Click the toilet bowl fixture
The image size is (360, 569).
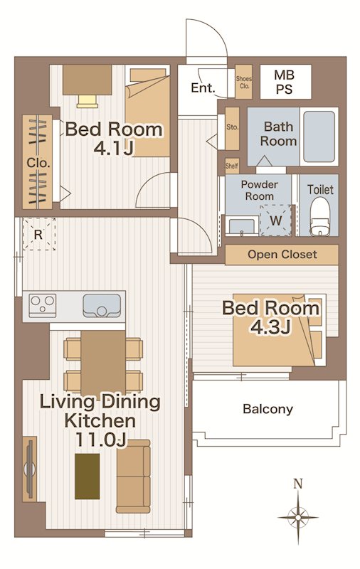pos(319,217)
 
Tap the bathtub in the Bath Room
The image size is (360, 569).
pos(319,137)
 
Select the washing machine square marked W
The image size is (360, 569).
pos(276,220)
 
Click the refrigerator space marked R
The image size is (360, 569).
pos(39,234)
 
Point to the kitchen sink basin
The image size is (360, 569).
pos(102,306)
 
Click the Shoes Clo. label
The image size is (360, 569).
pos(243,83)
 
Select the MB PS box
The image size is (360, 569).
pos(285,82)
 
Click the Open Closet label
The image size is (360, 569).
pos(282,255)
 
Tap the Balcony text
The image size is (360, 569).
pos(268,409)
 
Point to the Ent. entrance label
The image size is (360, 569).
pos(203,87)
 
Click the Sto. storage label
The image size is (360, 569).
pos(232,127)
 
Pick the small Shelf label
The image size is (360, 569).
pos(232,166)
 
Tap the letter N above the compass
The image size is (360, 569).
pos(298,484)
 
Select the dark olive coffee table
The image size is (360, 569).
pos(87,476)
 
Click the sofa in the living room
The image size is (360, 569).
pos(133,476)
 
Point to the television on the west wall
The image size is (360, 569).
pos(30,469)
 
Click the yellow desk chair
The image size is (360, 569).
pos(88,101)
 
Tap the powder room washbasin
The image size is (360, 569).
pos(241,226)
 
